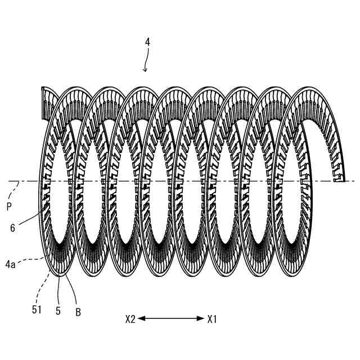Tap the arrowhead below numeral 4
[145, 70]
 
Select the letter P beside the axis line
[9, 207]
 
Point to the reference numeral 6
[12, 228]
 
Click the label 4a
[13, 260]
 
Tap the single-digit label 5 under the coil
[58, 309]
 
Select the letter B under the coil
[78, 312]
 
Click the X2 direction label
[130, 319]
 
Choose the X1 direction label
[211, 319]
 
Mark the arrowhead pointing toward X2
[141, 318]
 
